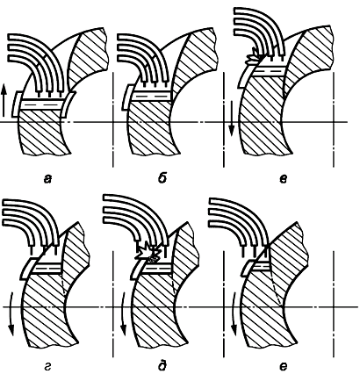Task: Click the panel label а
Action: point(47,178)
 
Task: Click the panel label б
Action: point(162,178)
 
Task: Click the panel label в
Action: point(283,178)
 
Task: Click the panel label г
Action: point(47,367)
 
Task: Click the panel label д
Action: point(162,366)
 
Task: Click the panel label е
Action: point(283,366)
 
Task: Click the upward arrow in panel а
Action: point(4,100)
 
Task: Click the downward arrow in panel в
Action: point(232,119)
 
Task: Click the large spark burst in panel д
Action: point(148,252)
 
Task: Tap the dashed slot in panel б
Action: point(152,96)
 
